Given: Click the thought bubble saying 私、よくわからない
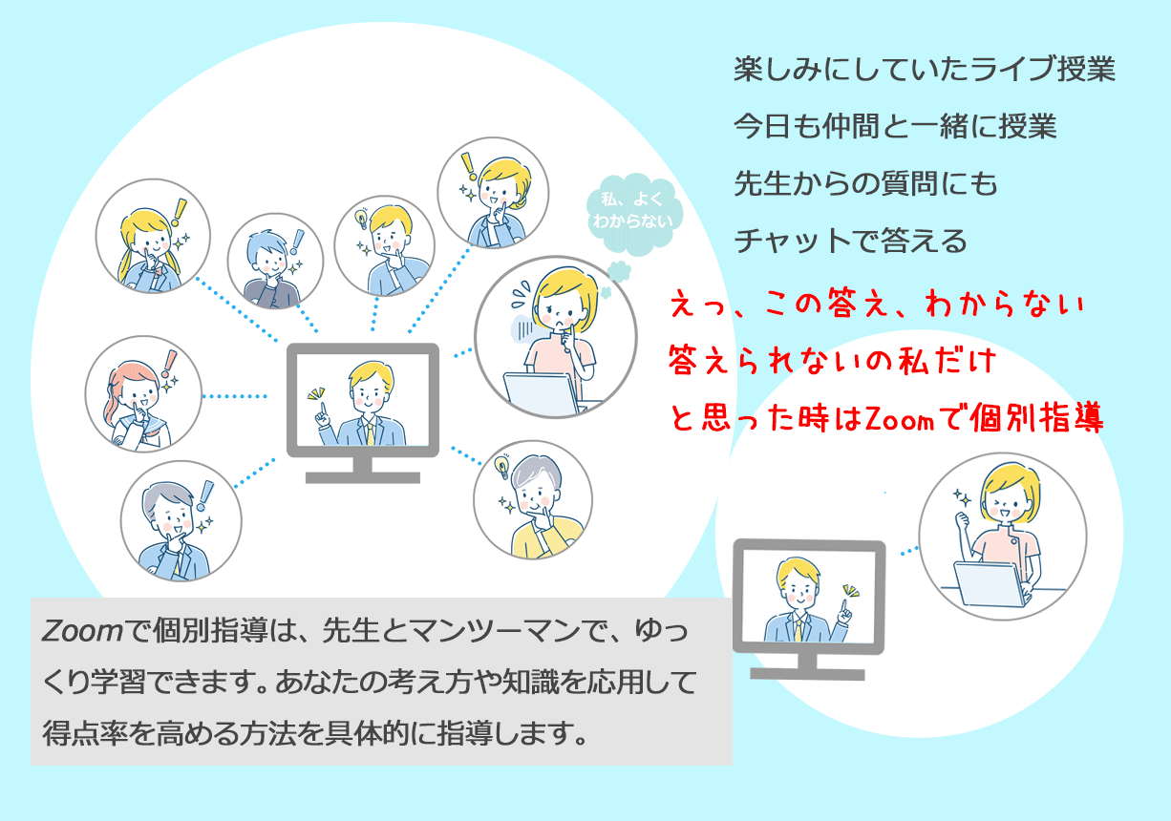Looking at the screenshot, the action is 633,213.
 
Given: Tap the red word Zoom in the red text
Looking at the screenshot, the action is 900,419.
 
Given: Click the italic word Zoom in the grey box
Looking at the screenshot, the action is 82,631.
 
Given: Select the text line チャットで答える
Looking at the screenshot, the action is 850,241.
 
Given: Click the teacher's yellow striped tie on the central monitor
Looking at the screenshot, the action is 371,433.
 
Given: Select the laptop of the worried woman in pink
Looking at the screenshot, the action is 542,393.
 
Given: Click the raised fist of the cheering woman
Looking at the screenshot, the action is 962,520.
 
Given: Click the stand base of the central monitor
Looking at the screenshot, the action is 363,477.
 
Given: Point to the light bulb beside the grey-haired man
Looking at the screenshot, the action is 501,466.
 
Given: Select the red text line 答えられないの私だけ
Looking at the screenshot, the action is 832,361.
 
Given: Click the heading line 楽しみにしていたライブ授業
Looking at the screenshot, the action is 925,69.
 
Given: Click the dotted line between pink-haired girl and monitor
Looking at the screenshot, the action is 235,396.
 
